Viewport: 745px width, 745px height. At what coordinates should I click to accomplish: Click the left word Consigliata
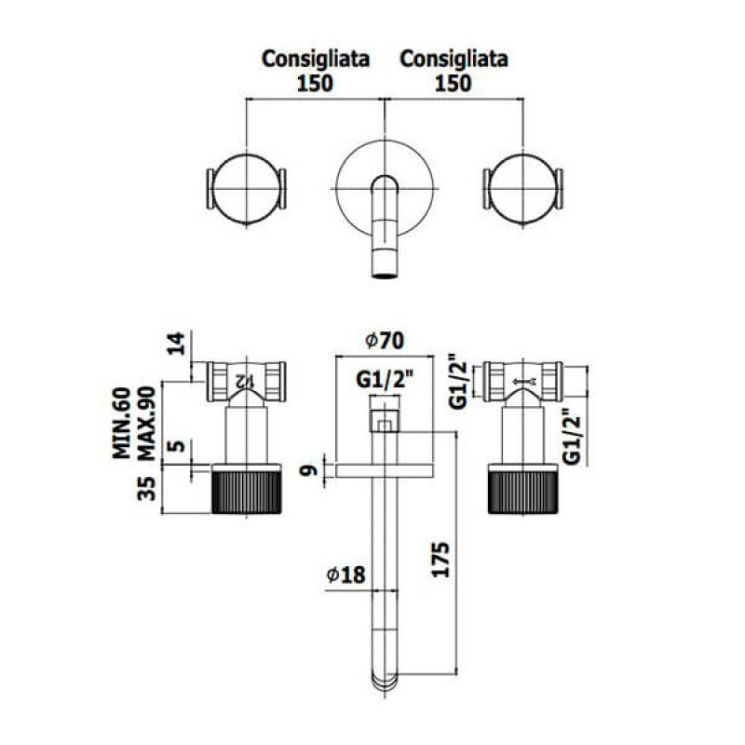point(316,59)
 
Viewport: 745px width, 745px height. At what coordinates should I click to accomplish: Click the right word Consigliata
point(454,59)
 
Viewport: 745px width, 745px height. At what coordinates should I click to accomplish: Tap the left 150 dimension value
point(316,82)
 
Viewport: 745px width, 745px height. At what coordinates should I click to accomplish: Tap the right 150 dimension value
point(454,82)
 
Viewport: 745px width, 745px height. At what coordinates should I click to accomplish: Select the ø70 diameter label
point(384,342)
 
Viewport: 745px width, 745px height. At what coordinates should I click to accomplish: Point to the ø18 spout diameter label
point(345,576)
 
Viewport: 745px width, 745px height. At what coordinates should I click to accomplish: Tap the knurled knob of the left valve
point(247,491)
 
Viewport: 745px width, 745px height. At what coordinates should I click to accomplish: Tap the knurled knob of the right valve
point(521,491)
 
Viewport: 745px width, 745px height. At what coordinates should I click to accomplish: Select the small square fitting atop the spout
point(383,425)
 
